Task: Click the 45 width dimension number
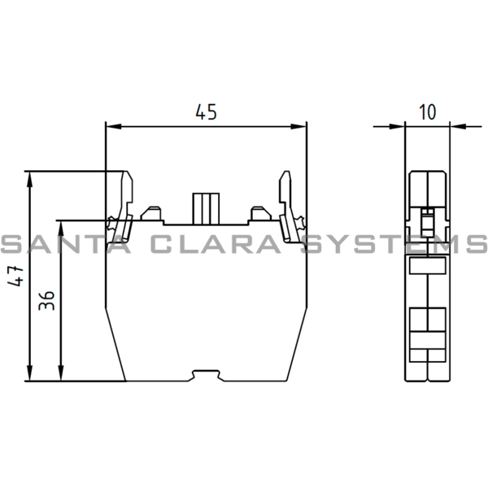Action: pos(207,112)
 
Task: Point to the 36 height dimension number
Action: pos(46,301)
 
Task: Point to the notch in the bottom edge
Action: pos(207,375)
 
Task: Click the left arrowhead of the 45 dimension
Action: pos(112,126)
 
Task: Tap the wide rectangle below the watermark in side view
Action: pos(427,266)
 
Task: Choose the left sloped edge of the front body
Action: pos(114,342)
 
